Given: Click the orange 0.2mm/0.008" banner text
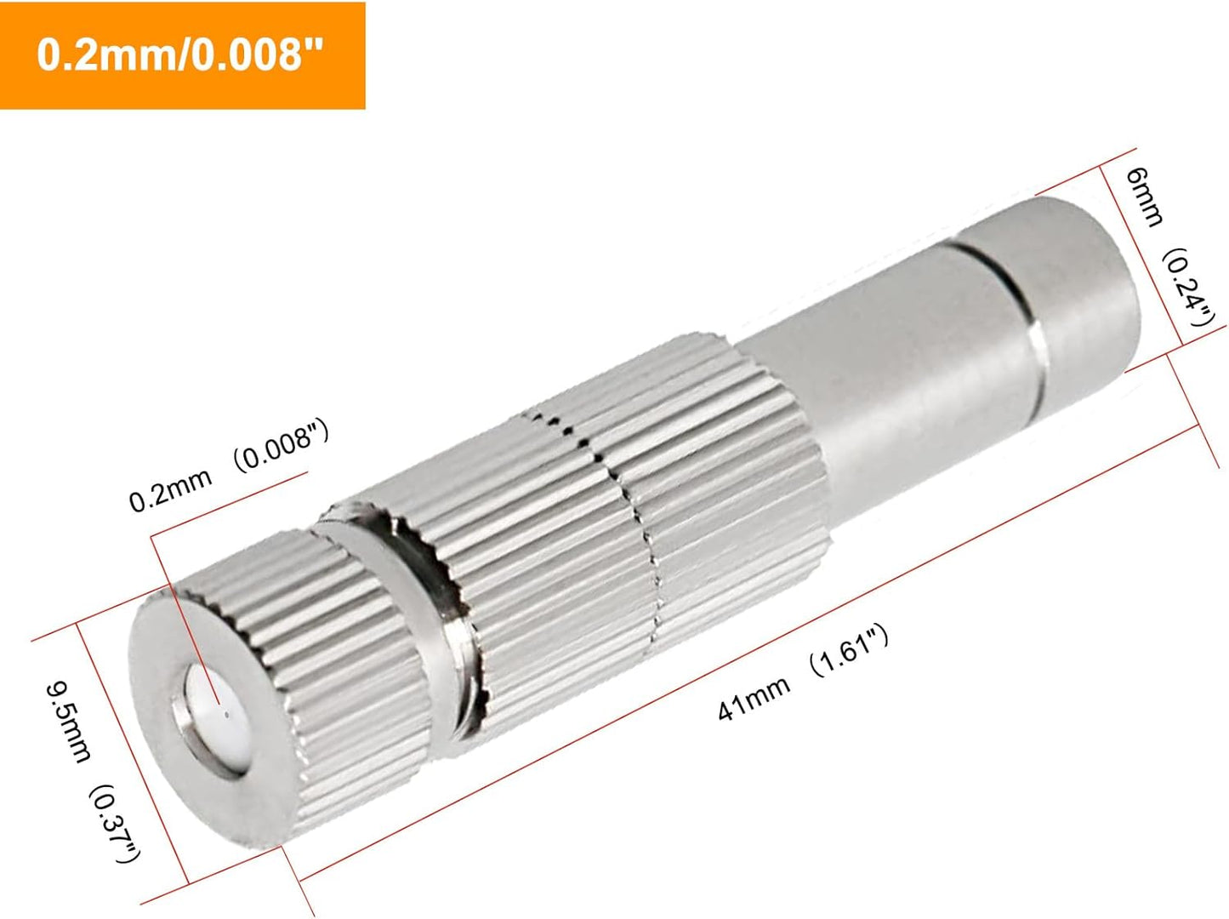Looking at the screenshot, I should click(181, 56).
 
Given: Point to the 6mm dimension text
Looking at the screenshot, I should click(1144, 197).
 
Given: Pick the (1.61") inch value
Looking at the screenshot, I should click(848, 652).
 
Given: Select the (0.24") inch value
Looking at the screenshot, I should click(1188, 289).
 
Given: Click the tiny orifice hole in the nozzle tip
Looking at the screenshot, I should click(219, 705).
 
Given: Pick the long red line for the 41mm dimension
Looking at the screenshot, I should click(748, 655).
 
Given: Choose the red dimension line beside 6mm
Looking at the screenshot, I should click(1144, 255).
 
